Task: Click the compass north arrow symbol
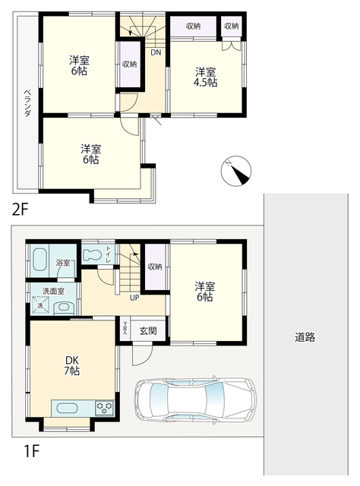[x=236, y=171]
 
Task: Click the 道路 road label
[x=305, y=337]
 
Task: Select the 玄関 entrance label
[x=148, y=331]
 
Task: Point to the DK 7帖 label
[x=72, y=365]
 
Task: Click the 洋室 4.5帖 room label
[x=205, y=77]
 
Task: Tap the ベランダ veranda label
[x=27, y=103]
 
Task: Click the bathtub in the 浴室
[x=39, y=259]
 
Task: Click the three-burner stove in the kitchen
[x=105, y=408]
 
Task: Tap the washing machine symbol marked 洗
[x=40, y=305]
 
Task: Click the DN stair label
[x=156, y=52]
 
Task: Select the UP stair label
[x=134, y=298]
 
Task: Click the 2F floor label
[x=21, y=210]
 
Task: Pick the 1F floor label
[x=31, y=450]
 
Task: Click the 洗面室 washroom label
[x=53, y=291]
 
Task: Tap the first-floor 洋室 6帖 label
[x=204, y=292]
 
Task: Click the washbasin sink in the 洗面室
[x=65, y=307]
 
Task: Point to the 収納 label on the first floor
[x=155, y=267]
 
